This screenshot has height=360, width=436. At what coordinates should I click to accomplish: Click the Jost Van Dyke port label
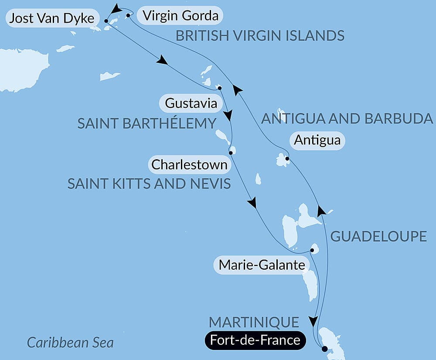[x=51, y=18]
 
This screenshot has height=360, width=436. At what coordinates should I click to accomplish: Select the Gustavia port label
[x=191, y=104]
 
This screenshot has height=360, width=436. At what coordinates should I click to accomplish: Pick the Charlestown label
[x=189, y=165]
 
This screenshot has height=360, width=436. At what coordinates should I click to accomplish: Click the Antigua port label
[x=317, y=141]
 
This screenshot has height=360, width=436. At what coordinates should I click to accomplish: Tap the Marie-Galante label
[x=261, y=264]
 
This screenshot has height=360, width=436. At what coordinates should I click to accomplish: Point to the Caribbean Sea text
[x=70, y=342]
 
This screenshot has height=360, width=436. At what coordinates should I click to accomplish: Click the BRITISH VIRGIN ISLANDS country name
[x=260, y=36]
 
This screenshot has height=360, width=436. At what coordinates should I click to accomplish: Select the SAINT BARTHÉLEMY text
[x=146, y=123]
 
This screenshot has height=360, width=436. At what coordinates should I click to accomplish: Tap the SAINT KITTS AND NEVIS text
[x=149, y=184]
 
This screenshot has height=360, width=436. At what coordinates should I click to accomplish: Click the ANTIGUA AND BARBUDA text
[x=347, y=118]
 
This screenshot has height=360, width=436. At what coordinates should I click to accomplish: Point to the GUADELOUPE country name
[x=378, y=237]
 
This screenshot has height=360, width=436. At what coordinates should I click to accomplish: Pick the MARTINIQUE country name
[x=254, y=322]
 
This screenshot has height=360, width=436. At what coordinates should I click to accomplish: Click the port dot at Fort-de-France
[x=324, y=349]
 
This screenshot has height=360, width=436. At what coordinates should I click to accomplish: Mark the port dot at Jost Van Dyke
[x=106, y=21]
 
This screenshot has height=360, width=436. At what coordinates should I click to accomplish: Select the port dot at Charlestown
[x=231, y=153]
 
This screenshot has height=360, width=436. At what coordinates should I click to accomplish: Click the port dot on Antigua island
[x=287, y=159]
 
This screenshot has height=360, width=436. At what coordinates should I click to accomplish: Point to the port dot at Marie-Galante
[x=312, y=250]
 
